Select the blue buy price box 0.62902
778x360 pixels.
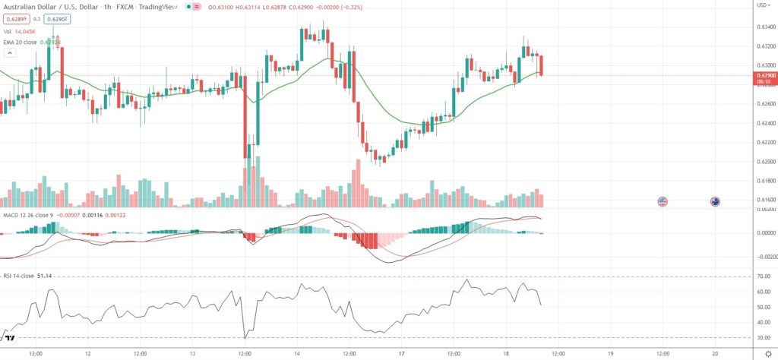pyautogui.click(x=55, y=18)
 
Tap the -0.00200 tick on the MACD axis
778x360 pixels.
pyautogui.click(x=764, y=257)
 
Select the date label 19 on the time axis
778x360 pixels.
pyautogui.click(x=611, y=354)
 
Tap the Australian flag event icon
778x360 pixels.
pyautogui.click(x=714, y=201)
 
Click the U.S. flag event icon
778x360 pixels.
pyautogui.click(x=663, y=201)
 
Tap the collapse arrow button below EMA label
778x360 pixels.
pyautogui.click(x=9, y=54)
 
